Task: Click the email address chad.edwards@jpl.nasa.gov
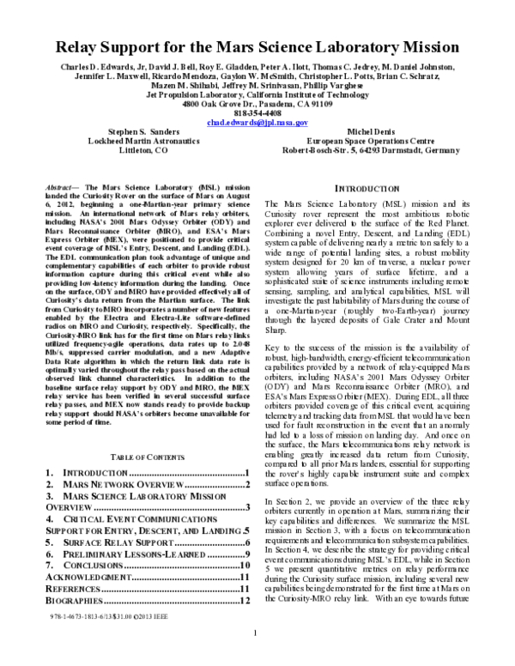click(x=257, y=123)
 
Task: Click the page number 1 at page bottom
click(x=257, y=657)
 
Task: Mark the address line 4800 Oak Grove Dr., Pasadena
click(x=257, y=104)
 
